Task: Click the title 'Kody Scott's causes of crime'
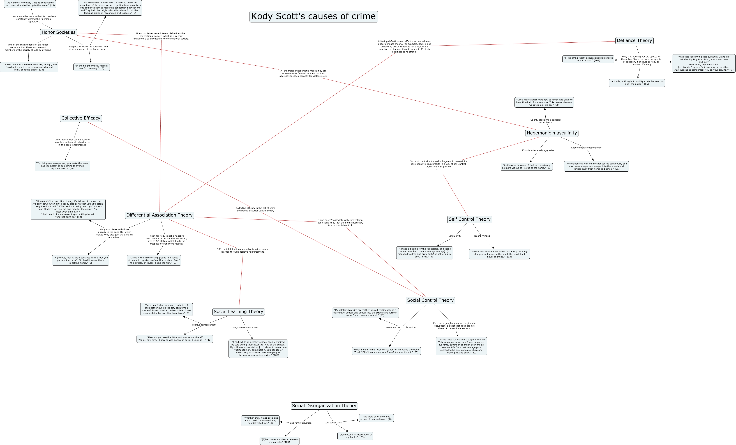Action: click(313, 16)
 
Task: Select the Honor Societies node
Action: click(59, 32)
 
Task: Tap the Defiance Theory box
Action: click(634, 41)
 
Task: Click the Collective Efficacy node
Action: click(81, 118)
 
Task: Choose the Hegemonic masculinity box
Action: click(551, 133)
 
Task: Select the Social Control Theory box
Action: click(430, 300)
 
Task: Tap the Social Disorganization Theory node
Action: click(324, 406)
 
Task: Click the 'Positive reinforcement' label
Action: click(204, 325)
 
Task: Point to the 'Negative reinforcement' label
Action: click(246, 328)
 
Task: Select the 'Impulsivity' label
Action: click(455, 236)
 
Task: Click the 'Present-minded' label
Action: click(481, 236)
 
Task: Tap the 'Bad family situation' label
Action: click(301, 423)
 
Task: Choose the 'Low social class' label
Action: click(333, 423)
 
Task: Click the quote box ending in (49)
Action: click(63, 166)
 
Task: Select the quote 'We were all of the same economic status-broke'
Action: click(376, 418)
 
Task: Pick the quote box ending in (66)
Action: click(637, 83)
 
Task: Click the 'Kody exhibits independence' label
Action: click(586, 148)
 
